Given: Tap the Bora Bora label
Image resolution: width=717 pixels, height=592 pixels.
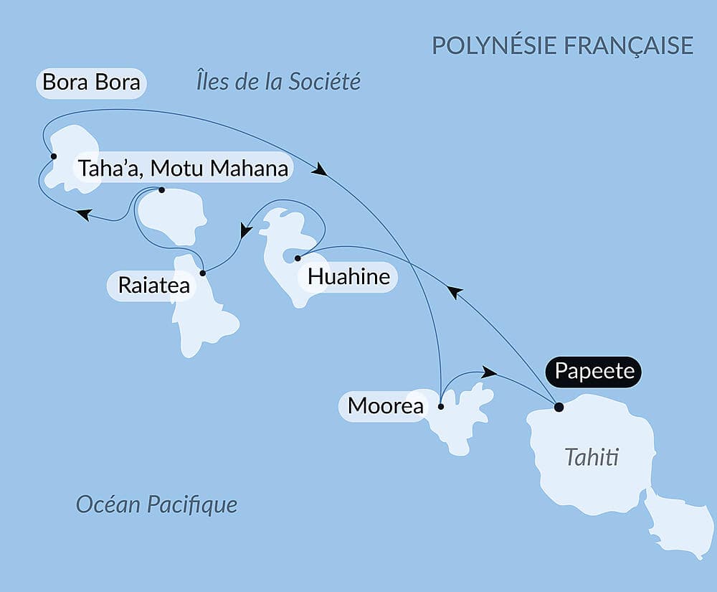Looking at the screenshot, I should (x=92, y=82).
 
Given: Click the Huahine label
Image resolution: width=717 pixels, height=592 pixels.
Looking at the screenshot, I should (x=348, y=276).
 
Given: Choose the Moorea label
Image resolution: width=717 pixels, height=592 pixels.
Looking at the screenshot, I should (x=375, y=406).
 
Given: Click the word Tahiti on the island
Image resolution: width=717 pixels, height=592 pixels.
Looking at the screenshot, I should (x=592, y=457).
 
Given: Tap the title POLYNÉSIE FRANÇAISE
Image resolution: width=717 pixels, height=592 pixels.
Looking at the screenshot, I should (x=562, y=45).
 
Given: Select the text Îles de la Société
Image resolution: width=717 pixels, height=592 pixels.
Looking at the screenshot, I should (x=277, y=82).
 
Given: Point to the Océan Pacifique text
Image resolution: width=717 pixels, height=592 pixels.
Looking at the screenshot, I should (x=156, y=504).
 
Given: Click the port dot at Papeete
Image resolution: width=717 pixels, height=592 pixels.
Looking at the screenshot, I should (x=559, y=408).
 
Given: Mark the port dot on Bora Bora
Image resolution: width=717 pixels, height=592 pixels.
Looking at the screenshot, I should (x=53, y=156).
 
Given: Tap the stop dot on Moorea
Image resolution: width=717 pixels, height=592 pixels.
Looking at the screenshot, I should (x=440, y=407).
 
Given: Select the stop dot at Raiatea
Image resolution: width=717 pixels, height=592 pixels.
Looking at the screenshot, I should (x=203, y=273).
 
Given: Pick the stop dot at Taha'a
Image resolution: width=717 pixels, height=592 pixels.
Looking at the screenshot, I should (x=161, y=190).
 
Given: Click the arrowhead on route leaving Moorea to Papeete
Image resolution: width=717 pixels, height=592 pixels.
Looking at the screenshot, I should (x=489, y=372).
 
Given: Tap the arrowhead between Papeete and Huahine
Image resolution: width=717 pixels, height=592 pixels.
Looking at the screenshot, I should (x=453, y=291).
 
